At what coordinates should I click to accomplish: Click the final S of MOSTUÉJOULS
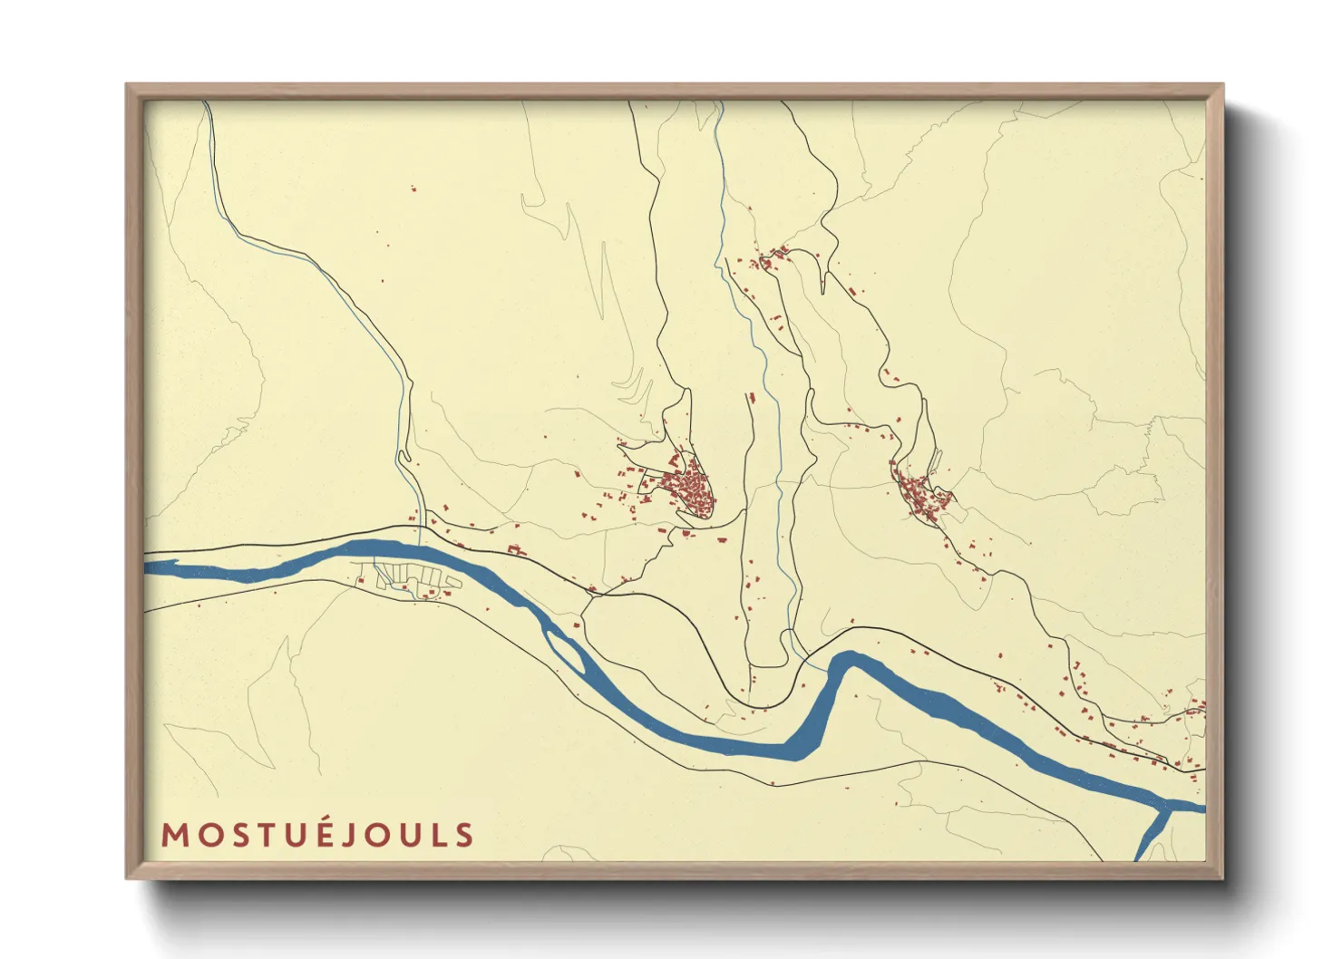point(464,835)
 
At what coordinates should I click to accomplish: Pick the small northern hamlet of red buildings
point(772,257)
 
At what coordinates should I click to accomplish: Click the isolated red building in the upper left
point(413,189)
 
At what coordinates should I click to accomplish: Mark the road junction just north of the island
point(592,594)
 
